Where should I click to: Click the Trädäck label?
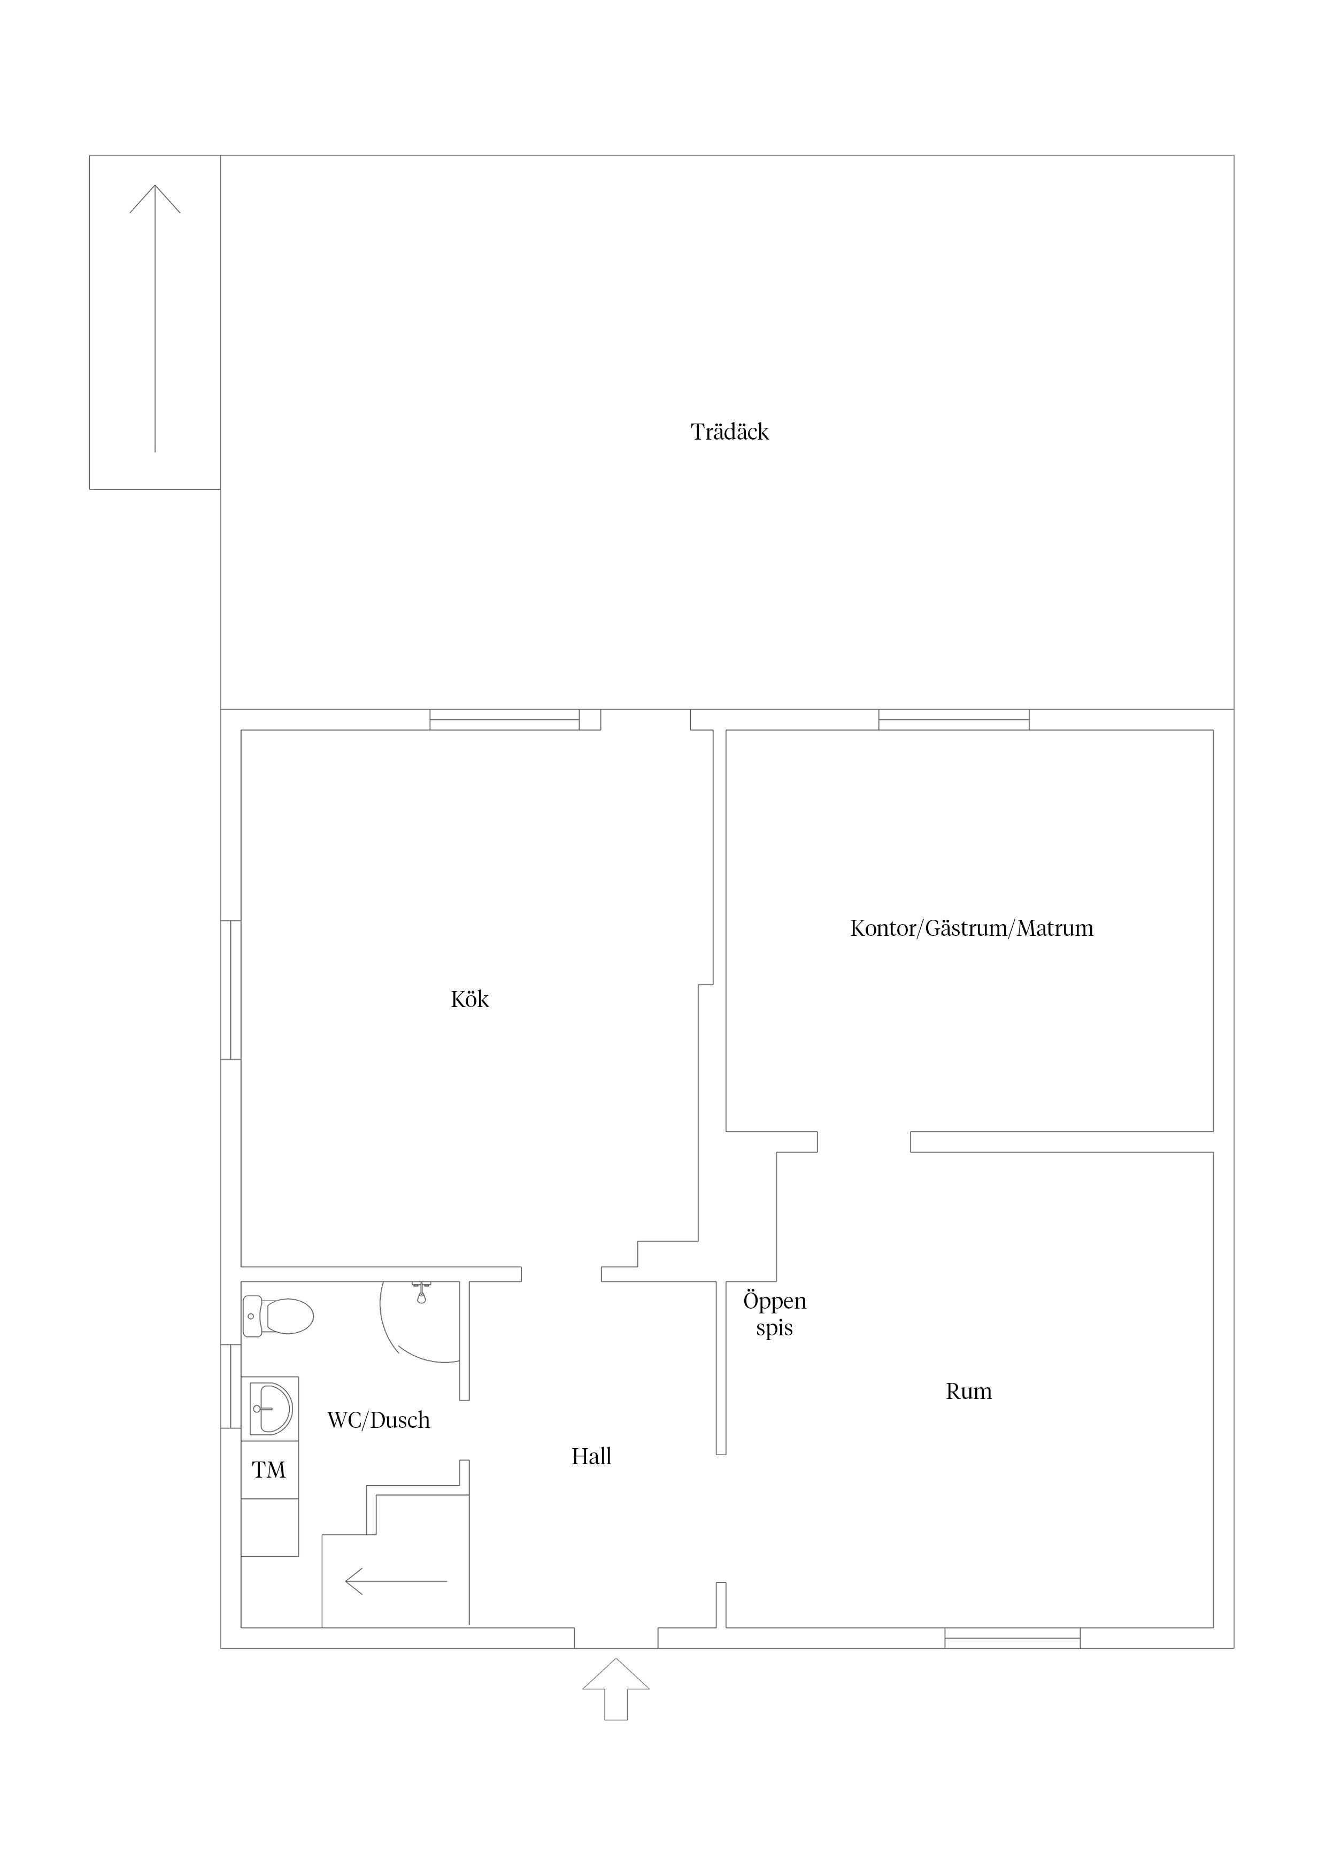(x=730, y=432)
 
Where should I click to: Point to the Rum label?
(x=969, y=1390)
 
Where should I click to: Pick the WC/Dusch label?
(x=378, y=1420)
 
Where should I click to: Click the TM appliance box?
(x=269, y=1470)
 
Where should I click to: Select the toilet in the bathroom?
(x=278, y=1316)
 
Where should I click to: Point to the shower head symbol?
(x=421, y=1293)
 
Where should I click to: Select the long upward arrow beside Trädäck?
(x=155, y=319)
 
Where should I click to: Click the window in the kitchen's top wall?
(x=505, y=719)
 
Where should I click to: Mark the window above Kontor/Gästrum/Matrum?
(x=954, y=719)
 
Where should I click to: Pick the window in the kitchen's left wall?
(x=231, y=990)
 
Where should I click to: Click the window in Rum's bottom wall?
(x=1013, y=1637)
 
